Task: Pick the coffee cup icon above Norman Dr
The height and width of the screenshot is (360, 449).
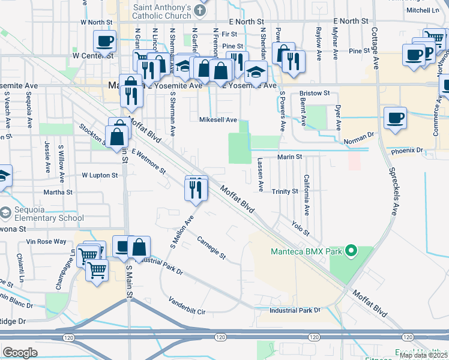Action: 394,118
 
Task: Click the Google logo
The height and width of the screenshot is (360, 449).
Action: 20,353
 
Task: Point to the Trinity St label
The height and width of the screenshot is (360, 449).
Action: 285,191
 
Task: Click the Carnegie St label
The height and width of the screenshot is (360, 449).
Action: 211,248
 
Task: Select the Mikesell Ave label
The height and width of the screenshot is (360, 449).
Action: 218,120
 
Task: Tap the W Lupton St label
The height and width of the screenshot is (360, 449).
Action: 101,176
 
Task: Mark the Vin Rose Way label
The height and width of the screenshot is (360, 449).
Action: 46,242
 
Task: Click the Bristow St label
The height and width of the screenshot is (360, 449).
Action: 315,94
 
